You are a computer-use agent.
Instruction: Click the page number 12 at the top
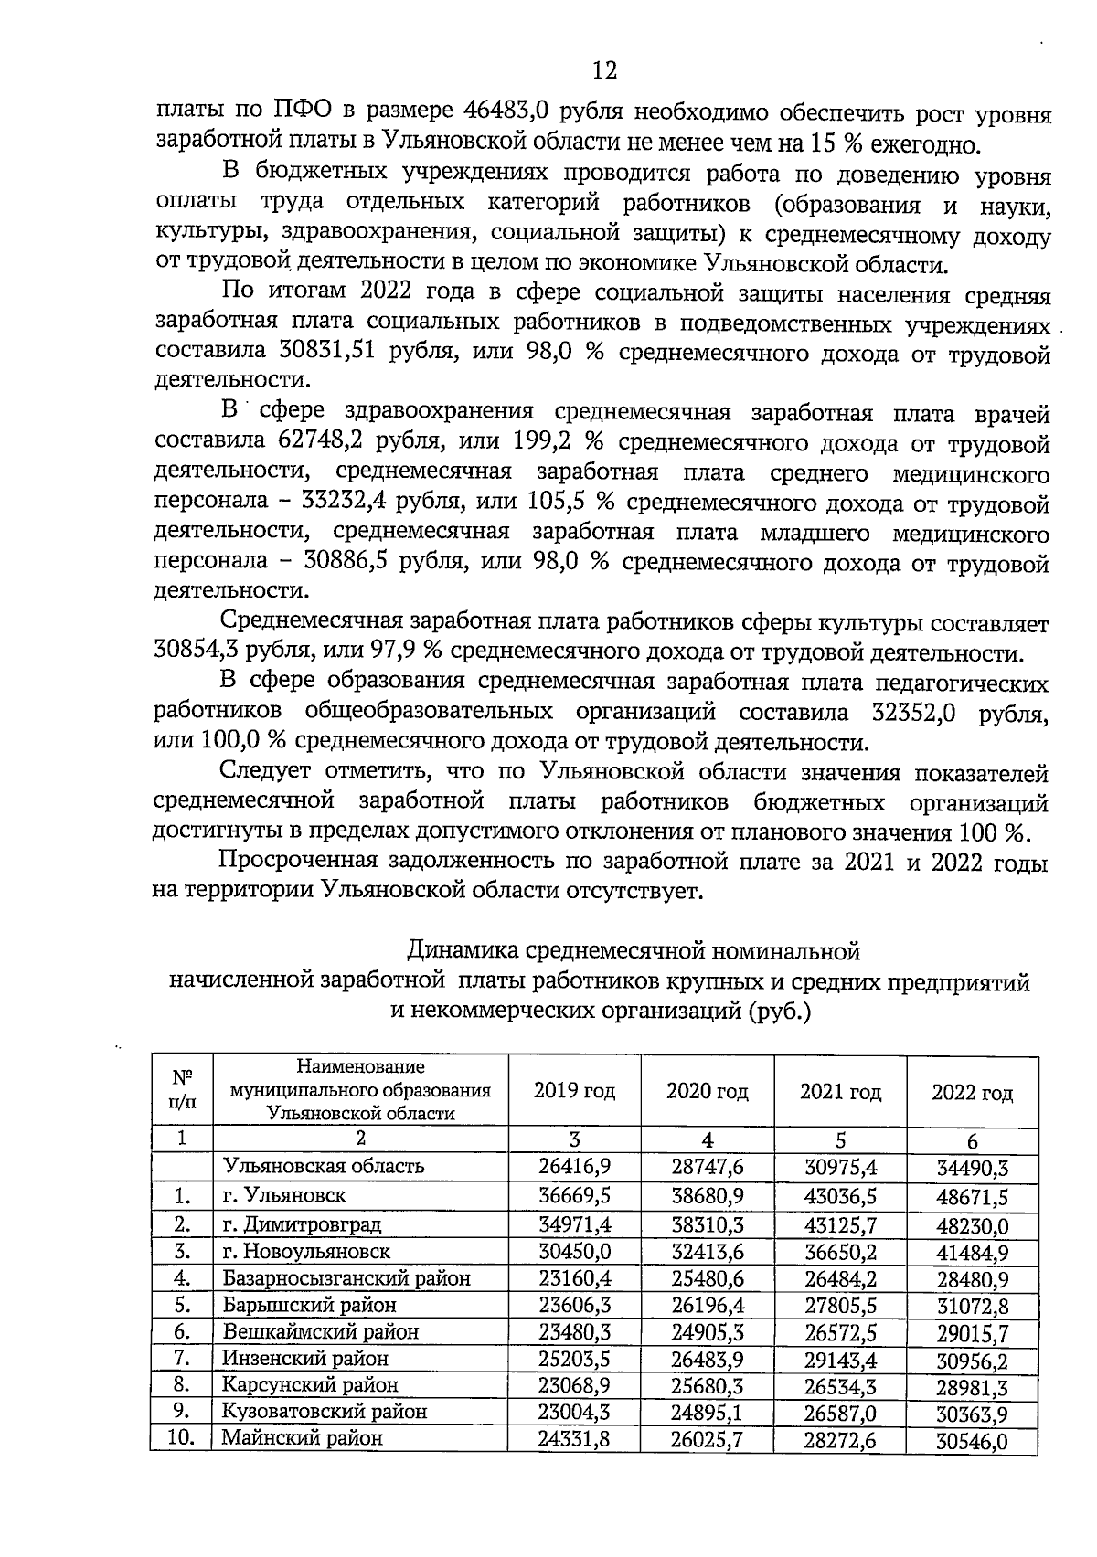(604, 70)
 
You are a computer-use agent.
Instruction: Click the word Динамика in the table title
(464, 951)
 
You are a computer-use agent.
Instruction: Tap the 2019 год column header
(574, 1091)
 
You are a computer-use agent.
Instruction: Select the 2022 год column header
(972, 1093)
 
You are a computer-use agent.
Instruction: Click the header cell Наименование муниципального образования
(360, 1090)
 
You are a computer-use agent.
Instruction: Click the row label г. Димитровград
(302, 1224)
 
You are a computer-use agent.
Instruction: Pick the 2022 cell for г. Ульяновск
(972, 1197)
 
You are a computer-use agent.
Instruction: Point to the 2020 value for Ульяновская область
(707, 1167)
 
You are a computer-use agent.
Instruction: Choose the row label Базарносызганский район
(346, 1278)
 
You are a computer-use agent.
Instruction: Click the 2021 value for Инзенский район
(840, 1360)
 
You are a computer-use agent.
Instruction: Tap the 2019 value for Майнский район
(573, 1438)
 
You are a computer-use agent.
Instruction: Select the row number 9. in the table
(181, 1411)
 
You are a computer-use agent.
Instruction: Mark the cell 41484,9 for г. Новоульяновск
(972, 1252)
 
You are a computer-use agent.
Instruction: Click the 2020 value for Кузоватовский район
(707, 1412)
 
